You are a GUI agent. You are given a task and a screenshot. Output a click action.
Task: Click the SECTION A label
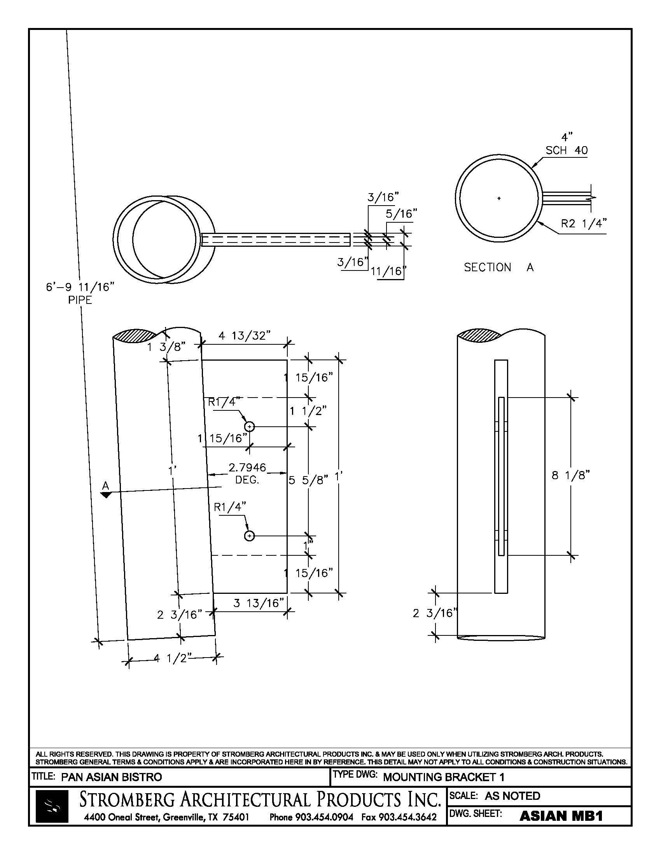[x=498, y=267]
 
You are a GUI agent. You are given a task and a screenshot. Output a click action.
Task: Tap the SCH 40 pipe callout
[x=566, y=150]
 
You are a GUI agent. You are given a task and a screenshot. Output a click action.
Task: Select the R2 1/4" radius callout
[x=584, y=223]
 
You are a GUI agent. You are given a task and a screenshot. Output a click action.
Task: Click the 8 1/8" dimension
[x=570, y=475]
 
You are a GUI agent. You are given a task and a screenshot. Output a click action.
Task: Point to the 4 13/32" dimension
[x=244, y=335]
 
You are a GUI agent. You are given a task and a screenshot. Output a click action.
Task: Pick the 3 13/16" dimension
[x=259, y=603]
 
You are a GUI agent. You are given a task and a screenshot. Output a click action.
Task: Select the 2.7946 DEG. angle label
[x=247, y=473]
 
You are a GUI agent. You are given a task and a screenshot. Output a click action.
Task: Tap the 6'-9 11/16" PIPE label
[x=80, y=293]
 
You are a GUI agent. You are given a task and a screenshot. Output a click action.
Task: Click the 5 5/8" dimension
[x=308, y=480]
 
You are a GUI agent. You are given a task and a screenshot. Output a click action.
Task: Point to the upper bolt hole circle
[x=250, y=426]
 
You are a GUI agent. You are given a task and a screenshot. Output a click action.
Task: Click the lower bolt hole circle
[x=250, y=536]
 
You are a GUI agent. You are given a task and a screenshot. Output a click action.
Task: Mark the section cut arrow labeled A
[x=106, y=495]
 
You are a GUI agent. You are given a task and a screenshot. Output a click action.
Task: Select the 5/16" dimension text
[x=401, y=214]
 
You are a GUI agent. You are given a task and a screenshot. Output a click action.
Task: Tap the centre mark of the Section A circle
[x=499, y=199]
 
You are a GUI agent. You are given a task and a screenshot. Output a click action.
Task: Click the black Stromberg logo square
[x=52, y=806]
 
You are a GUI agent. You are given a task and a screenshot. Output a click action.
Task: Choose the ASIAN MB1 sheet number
[x=560, y=816]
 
